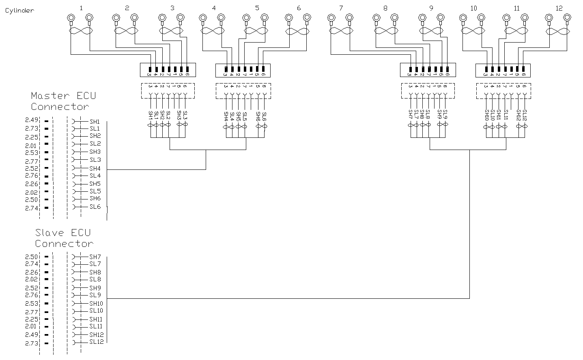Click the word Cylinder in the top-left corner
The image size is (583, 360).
point(19,11)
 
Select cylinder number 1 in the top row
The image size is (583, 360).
point(81,8)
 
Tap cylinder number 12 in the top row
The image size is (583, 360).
point(559,8)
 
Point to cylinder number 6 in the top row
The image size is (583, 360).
point(299,8)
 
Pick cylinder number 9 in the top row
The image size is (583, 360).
point(430,8)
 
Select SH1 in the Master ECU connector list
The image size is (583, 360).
point(95,122)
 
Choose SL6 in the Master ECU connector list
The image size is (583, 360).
point(95,207)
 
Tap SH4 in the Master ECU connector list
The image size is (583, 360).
point(95,169)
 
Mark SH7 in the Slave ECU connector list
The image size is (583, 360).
point(95,257)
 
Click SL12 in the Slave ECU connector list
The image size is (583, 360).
point(97,342)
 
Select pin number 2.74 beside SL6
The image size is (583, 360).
point(31,208)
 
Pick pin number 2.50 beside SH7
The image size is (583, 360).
point(31,257)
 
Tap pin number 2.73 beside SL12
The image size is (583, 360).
point(31,343)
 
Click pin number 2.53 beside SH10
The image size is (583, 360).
point(31,304)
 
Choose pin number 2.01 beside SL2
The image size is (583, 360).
point(31,146)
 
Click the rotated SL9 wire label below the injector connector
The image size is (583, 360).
point(445,115)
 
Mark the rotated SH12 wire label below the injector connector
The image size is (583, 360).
point(518,116)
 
